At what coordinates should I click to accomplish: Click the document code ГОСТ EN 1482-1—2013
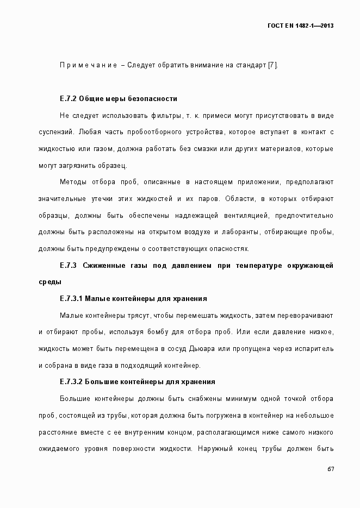click(301, 26)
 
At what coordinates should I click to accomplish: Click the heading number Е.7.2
click(68, 99)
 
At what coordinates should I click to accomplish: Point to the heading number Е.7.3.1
click(72, 299)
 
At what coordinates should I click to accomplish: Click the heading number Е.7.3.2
click(72, 382)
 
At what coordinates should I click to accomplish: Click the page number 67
click(330, 469)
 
